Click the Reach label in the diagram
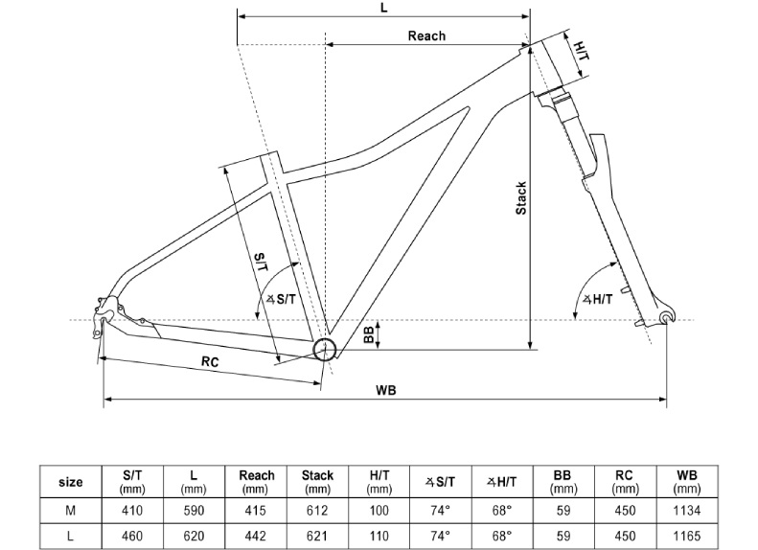pos(426,35)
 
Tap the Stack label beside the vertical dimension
pos(521,198)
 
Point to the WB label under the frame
pos(386,390)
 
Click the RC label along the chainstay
pos(212,361)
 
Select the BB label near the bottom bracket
pos(368,333)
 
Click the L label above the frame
pos(383,7)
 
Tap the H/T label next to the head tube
pos(582,47)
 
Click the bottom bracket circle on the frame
pos(325,347)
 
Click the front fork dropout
pos(668,317)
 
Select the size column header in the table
pos(71,482)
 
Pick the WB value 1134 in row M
pos(686,511)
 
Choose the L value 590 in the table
pos(195,511)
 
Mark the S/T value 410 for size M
pos(133,511)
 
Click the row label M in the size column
pos(71,511)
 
